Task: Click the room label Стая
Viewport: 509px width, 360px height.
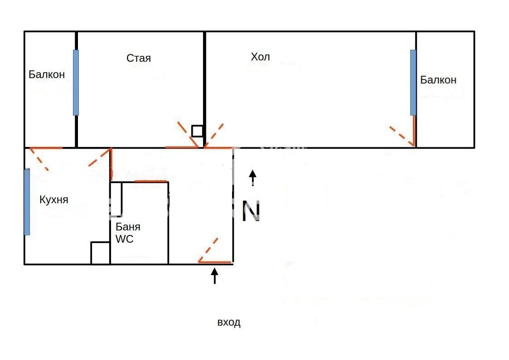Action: pyautogui.click(x=139, y=58)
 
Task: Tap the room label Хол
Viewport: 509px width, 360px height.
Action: pyautogui.click(x=260, y=57)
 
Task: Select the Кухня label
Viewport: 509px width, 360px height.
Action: pyautogui.click(x=54, y=199)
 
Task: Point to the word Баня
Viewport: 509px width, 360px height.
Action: pyautogui.click(x=128, y=227)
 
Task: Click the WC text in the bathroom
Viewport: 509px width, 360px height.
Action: pyautogui.click(x=124, y=239)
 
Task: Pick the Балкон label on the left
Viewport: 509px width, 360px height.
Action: pyautogui.click(x=47, y=74)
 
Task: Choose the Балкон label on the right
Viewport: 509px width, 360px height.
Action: pyautogui.click(x=438, y=80)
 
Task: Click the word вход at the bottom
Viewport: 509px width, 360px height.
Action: pyautogui.click(x=229, y=322)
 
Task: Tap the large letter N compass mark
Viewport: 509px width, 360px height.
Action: pyautogui.click(x=251, y=211)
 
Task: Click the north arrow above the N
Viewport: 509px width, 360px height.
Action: pyautogui.click(x=252, y=178)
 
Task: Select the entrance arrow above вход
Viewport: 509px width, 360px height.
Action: pyautogui.click(x=214, y=276)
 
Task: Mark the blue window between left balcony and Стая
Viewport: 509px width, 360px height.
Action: pyautogui.click(x=76, y=83)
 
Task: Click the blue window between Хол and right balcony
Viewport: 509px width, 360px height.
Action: pyautogui.click(x=413, y=83)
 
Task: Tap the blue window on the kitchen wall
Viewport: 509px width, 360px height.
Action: pyautogui.click(x=27, y=202)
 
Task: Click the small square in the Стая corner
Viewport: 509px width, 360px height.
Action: pyautogui.click(x=197, y=131)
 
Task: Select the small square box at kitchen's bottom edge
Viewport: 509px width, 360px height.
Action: pyautogui.click(x=100, y=253)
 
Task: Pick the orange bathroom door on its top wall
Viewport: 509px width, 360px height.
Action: pyautogui.click(x=151, y=181)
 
